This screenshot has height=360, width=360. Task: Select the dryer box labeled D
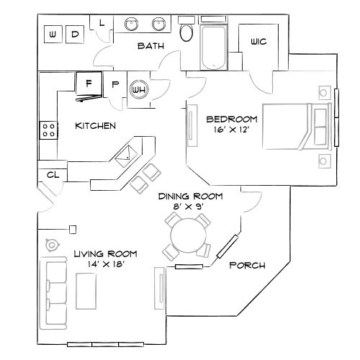[x=76, y=33]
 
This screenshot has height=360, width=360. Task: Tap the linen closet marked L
[x=102, y=22]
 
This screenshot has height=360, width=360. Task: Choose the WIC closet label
[x=258, y=42]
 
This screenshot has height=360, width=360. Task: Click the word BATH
[x=151, y=46]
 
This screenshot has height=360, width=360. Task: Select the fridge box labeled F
[x=89, y=84]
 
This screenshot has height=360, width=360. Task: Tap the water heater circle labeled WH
[x=138, y=89]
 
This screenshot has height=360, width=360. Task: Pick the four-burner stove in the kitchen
[x=48, y=130]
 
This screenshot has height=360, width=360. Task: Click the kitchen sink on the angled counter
[x=126, y=153]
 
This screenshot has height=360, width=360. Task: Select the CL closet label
[x=53, y=174]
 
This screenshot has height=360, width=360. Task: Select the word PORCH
[x=247, y=265]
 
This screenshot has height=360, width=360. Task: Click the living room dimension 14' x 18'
[x=105, y=264]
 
